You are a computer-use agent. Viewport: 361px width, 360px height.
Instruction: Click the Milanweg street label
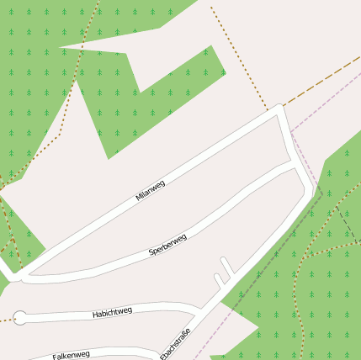(150, 191)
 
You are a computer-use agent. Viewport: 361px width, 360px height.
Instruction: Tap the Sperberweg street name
(167, 245)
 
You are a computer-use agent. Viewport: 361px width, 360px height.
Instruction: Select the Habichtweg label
(112, 313)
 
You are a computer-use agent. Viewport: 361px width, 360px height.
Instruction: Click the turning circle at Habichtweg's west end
(20, 318)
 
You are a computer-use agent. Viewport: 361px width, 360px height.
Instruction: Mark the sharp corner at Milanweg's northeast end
(280, 110)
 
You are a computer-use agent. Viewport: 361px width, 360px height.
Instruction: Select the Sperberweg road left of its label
(109, 262)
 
